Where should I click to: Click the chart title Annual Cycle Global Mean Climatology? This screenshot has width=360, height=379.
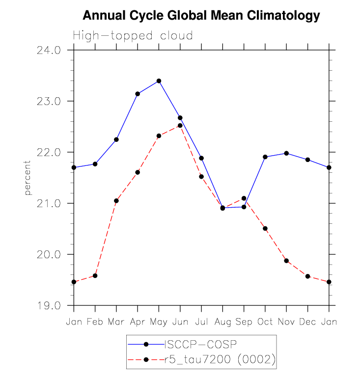point(201,16)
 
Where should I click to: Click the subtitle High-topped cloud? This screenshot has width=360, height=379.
point(133,36)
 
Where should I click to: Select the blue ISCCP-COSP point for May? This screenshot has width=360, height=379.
point(159,81)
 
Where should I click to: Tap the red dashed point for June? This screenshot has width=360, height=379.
point(180,126)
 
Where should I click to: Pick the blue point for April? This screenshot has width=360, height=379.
point(138,94)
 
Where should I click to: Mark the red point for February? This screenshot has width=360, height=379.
point(95,276)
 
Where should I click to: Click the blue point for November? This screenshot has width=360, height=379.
point(286,153)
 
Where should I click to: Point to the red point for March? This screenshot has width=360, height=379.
point(116,201)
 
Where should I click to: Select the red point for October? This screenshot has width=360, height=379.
point(265,229)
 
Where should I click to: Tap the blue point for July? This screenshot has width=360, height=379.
point(201,158)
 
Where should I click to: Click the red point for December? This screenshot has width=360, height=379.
point(307,276)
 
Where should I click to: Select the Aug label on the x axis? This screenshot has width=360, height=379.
point(222,322)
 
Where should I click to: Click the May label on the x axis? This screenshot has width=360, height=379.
point(159,322)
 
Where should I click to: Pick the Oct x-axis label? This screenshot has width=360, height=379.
point(265,322)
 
